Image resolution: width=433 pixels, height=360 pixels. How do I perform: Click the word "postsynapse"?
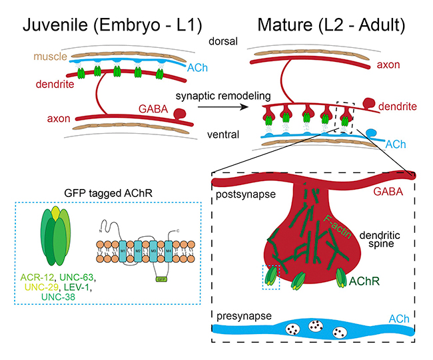tap(244, 193)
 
